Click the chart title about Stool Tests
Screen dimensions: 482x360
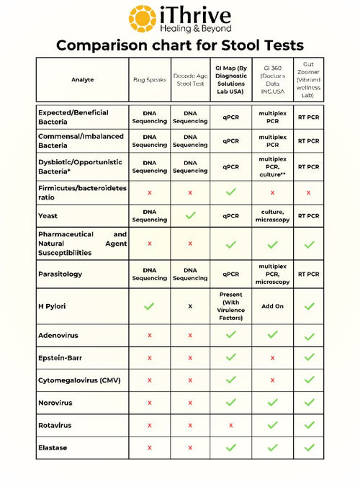point(180,45)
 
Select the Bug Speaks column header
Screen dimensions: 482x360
point(149,82)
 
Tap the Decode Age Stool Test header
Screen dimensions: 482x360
point(190,82)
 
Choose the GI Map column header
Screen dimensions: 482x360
point(231,82)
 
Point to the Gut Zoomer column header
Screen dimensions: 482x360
point(308,82)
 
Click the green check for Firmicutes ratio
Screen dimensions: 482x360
point(231,192)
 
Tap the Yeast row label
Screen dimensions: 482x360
point(49,215)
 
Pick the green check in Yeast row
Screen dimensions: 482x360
point(190,215)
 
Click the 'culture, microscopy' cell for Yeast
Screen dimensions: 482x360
point(271,215)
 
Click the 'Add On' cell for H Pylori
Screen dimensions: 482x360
point(271,306)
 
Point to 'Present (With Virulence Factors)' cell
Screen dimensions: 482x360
point(231,306)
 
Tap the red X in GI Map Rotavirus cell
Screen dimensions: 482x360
point(231,425)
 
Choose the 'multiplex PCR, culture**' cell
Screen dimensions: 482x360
point(271,166)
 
